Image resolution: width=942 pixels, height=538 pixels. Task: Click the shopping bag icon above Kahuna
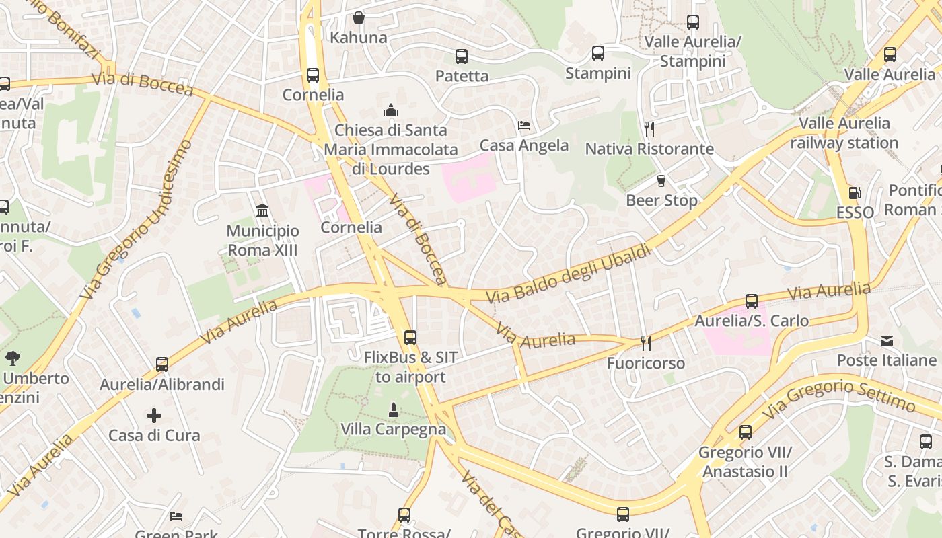coord(359,17)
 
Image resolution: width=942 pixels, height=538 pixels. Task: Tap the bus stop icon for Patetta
coord(461,56)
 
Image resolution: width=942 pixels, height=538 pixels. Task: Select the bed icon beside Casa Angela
coord(524,126)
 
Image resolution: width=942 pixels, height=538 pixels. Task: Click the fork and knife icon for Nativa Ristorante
coord(649,129)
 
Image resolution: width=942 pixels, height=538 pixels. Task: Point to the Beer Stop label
coord(661,200)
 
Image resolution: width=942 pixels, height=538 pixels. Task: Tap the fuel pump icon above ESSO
coord(855,193)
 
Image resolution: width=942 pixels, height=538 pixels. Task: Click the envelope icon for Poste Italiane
coord(887,341)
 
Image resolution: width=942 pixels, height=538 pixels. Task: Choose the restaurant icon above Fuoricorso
coord(646,344)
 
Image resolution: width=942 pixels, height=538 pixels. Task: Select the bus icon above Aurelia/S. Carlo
coord(752,301)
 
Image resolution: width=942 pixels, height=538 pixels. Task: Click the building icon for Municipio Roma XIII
coord(262,211)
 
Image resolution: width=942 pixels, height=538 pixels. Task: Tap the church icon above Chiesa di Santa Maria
coord(391,110)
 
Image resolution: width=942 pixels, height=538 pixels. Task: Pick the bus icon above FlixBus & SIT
coord(410,338)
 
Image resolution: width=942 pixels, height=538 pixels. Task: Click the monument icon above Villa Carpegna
coord(394,410)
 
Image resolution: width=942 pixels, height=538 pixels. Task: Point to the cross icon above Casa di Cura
coord(154,416)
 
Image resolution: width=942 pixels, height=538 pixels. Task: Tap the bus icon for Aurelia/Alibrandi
coord(162,364)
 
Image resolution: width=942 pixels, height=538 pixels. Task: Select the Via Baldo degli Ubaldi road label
coord(569,274)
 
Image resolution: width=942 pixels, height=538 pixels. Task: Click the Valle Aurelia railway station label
coord(844,133)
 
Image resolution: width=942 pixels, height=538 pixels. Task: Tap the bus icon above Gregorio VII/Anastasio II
coord(745,432)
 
